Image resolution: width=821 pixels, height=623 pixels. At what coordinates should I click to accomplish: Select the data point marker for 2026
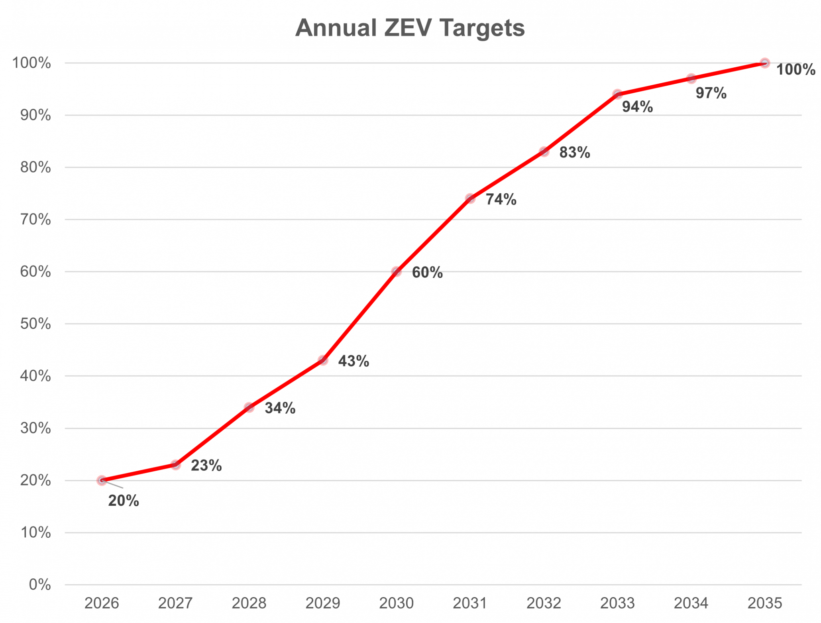tap(102, 480)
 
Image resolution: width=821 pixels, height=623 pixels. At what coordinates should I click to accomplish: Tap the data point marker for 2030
tap(396, 272)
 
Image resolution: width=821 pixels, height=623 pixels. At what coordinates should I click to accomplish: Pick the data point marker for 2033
tap(617, 94)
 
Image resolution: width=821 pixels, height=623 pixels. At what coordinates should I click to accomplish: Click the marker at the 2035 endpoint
tap(765, 63)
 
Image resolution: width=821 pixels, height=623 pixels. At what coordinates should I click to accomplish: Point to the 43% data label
tap(354, 361)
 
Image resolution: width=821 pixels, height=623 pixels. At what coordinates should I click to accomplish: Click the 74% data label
tap(501, 199)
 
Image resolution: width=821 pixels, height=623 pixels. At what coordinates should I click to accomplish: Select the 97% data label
tap(711, 93)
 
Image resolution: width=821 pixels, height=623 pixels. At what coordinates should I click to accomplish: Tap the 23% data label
tap(206, 466)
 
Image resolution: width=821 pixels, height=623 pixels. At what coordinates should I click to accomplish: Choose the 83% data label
tap(575, 153)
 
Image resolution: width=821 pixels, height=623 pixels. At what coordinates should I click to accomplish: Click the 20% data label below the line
tap(124, 501)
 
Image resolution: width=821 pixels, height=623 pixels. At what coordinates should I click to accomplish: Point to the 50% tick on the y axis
tap(36, 324)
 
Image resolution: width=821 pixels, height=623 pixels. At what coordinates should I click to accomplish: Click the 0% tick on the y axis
tap(40, 585)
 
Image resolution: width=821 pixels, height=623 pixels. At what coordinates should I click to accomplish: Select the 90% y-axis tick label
tap(36, 116)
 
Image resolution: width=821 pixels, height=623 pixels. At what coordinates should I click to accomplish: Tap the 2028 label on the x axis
tap(249, 603)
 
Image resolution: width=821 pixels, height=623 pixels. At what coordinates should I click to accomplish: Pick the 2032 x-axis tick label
tap(544, 603)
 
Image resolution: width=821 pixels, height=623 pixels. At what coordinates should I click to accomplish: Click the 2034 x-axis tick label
tap(691, 603)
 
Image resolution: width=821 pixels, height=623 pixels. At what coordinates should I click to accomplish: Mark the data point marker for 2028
tap(249, 407)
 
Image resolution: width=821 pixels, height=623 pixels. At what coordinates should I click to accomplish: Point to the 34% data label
tap(280, 408)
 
